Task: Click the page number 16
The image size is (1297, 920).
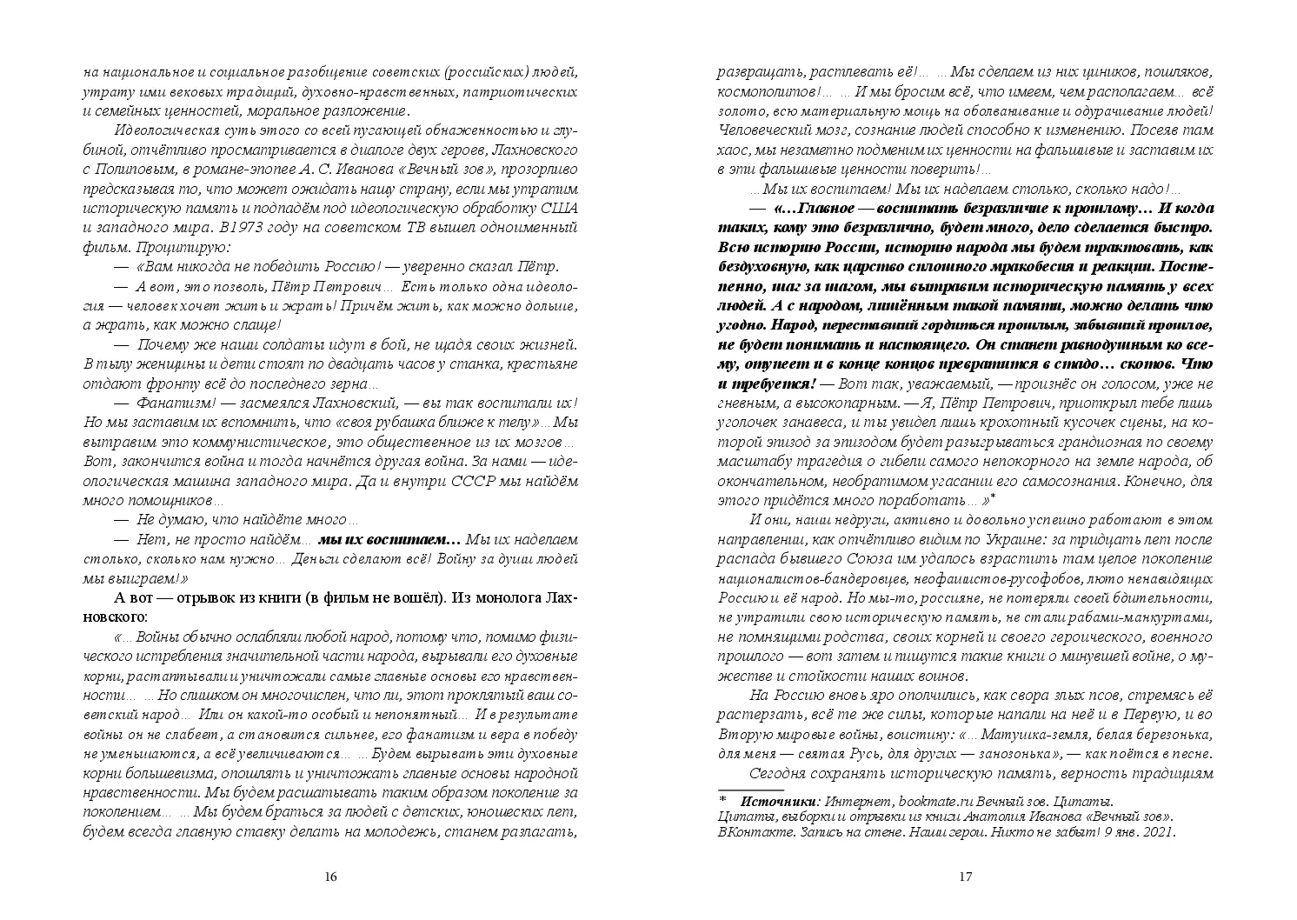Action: click(x=329, y=877)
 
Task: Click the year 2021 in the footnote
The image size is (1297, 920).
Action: click(x=1157, y=832)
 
